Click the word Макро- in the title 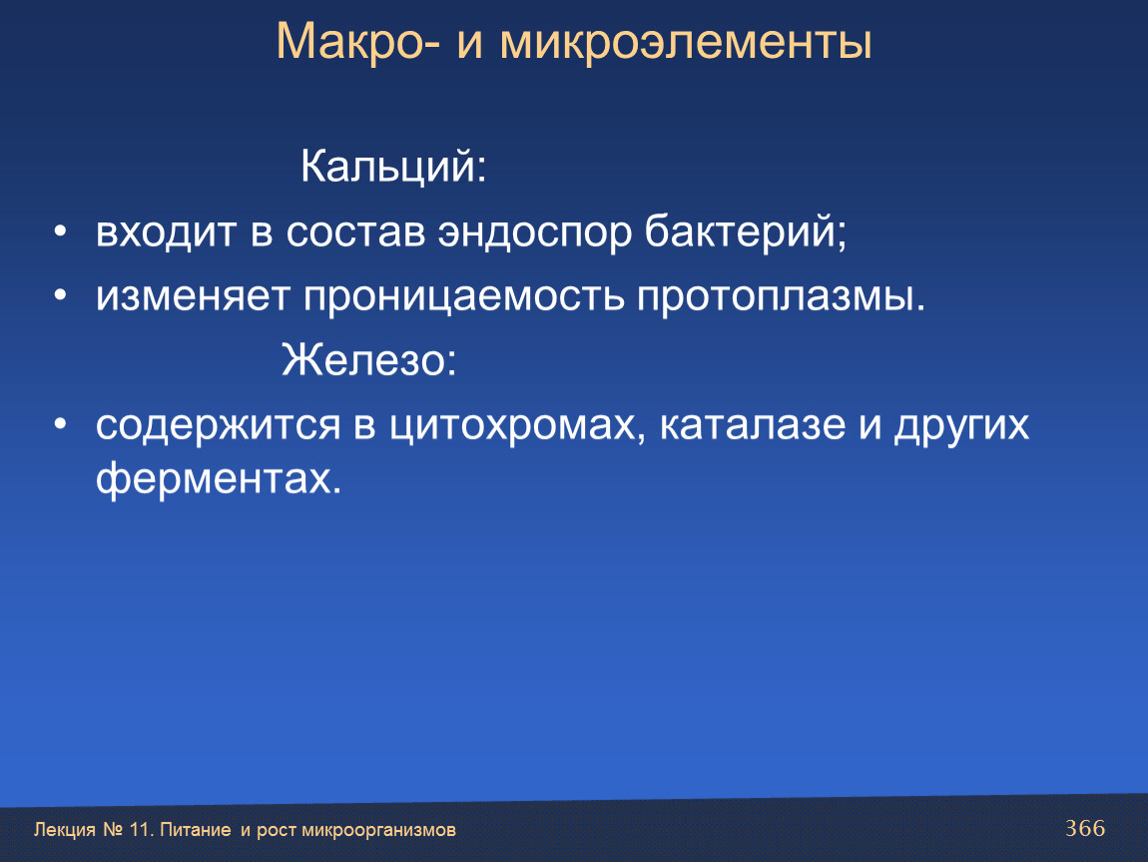(x=358, y=42)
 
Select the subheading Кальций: (x=393, y=168)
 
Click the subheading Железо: (x=369, y=360)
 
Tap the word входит (x=166, y=232)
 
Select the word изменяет (x=193, y=297)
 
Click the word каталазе (x=753, y=424)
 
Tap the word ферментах (x=219, y=480)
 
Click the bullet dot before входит (x=60, y=232)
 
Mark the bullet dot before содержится (x=60, y=424)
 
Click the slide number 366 (x=1085, y=828)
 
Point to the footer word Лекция (x=65, y=830)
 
